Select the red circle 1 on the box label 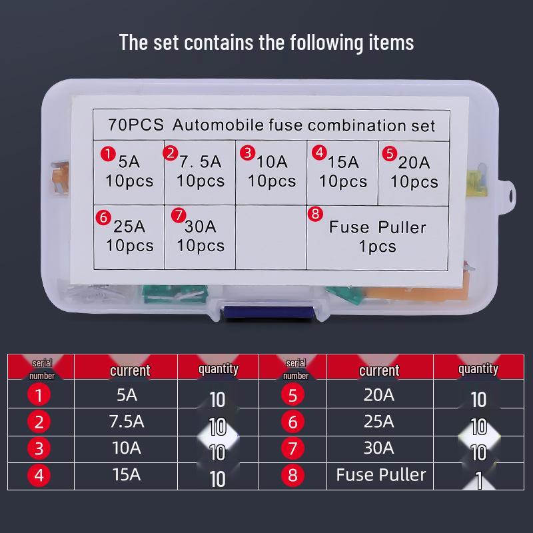coord(107,154)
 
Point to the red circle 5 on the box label coord(390,154)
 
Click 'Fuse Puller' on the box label coord(377,227)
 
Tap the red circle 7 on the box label coord(178,215)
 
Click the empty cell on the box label coord(270,237)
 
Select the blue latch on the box coord(266,312)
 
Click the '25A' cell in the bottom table coord(379,422)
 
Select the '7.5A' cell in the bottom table coord(126,422)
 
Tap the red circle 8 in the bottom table coord(292,476)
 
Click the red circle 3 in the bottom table coord(39,449)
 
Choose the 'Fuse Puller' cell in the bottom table coord(380,475)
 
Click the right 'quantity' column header coord(478,368)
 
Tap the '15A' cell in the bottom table coord(126,475)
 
